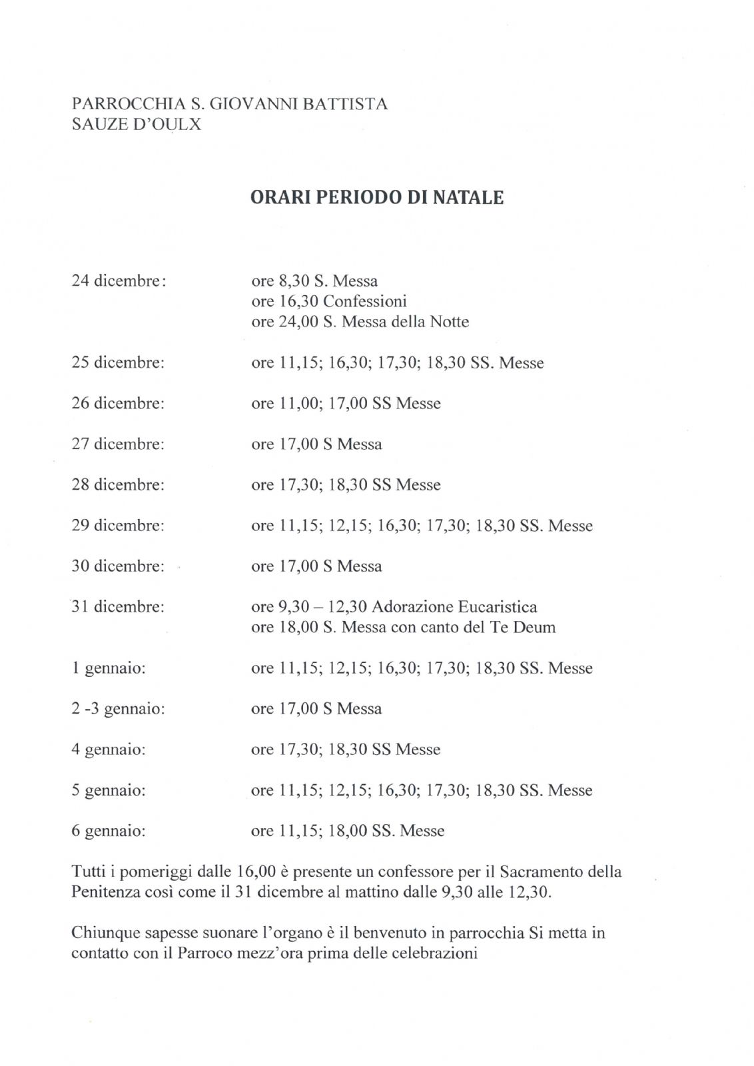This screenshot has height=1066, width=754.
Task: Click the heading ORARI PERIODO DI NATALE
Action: pos(376,198)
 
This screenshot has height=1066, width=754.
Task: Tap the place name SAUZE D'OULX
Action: pos(136,124)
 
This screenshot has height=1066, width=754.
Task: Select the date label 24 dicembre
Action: pos(118,280)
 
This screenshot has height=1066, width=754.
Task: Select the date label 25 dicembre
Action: pos(118,362)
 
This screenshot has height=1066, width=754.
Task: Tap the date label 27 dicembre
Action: pos(118,444)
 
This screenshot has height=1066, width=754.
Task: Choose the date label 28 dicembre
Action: pos(118,484)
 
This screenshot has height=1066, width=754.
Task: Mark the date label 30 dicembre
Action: pos(118,566)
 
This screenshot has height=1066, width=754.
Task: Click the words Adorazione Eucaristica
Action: pos(454,607)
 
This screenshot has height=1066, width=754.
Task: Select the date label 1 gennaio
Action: pos(109,668)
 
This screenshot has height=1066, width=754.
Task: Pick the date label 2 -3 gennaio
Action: pos(118,709)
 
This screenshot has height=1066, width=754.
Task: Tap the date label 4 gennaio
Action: pos(109,750)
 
